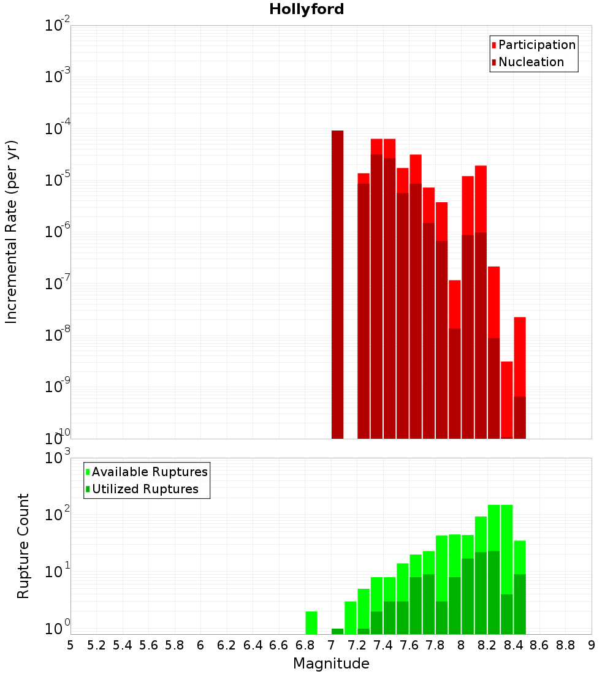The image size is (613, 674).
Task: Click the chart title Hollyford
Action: pos(306,9)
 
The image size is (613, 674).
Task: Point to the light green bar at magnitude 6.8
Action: pos(311,623)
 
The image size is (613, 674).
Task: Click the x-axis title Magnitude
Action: pos(331,664)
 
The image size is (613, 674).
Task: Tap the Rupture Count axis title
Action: pos(23,545)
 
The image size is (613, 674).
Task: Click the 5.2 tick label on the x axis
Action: pos(96,645)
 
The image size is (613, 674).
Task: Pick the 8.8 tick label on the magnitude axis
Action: pos(565,645)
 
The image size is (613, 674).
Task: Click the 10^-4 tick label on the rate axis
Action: pos(58,129)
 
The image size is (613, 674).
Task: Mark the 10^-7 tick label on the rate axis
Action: pos(58,284)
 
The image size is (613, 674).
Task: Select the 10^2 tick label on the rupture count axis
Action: pos(59,514)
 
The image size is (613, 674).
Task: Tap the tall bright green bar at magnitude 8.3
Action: pos(507,545)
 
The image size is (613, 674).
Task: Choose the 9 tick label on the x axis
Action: pos(591,645)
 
